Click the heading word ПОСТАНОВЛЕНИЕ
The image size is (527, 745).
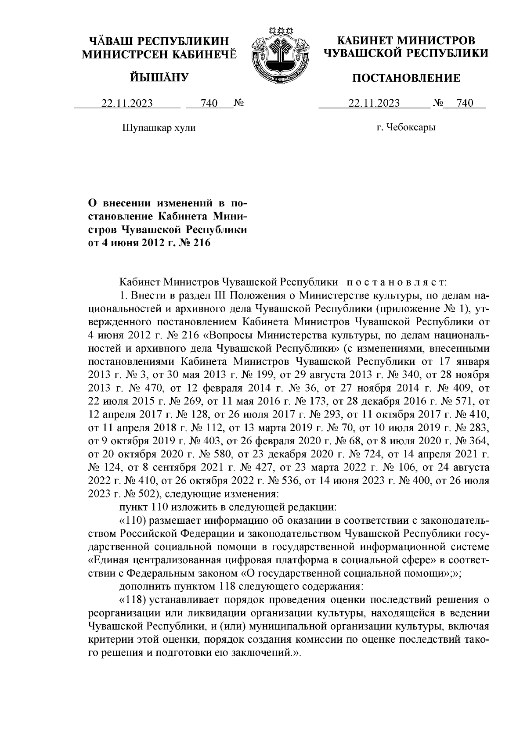(x=407, y=79)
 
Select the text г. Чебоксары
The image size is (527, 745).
(x=406, y=128)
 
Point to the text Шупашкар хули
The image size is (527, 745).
(x=158, y=128)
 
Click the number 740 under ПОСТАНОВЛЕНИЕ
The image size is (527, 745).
(x=465, y=104)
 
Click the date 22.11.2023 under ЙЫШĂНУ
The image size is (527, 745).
(x=127, y=104)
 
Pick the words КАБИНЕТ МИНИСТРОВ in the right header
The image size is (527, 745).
(x=406, y=41)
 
